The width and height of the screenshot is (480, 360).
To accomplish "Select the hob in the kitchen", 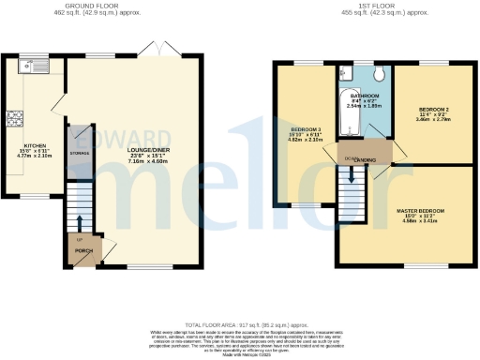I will [x=16, y=118].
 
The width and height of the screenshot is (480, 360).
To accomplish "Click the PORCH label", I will [x=82, y=250].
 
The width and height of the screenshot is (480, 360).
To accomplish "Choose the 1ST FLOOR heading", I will [x=360, y=7].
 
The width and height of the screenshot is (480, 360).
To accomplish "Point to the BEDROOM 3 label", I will [x=306, y=127].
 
